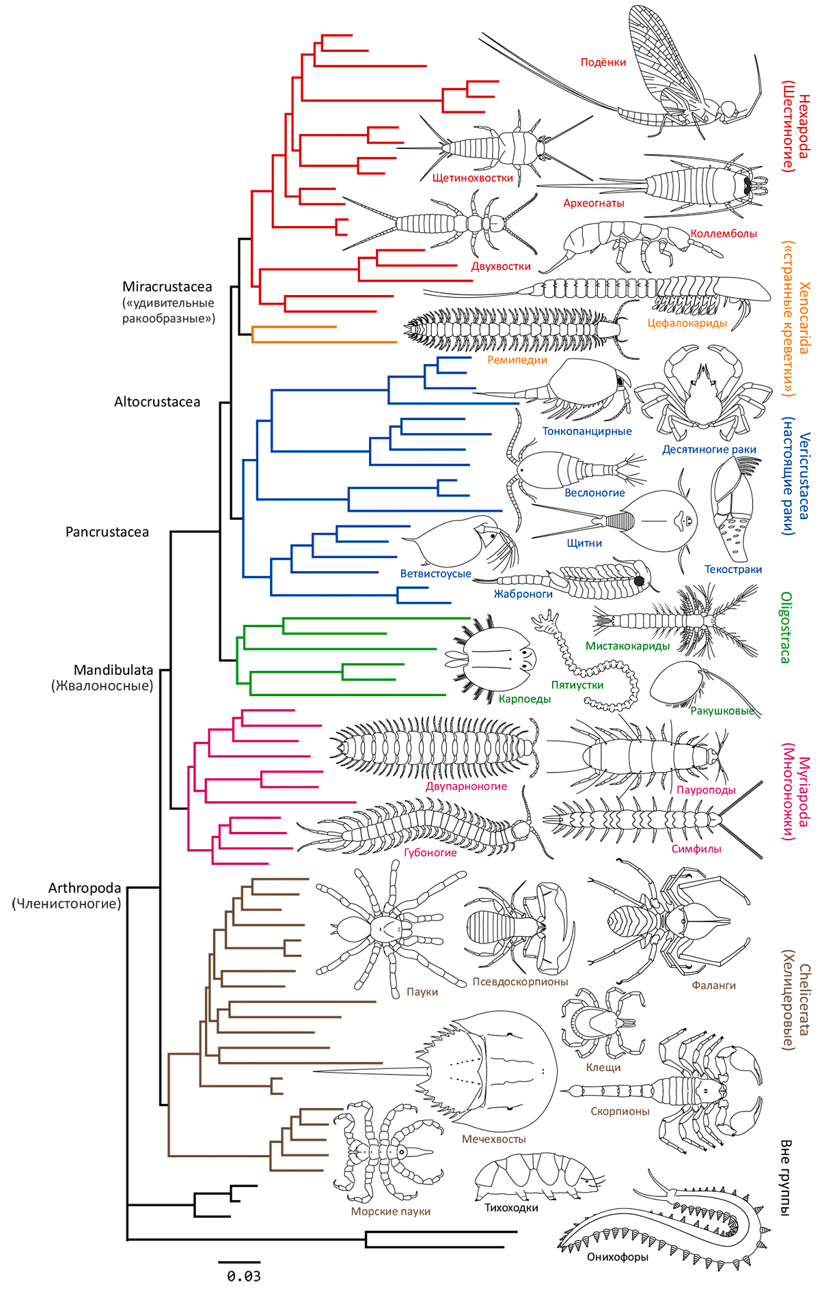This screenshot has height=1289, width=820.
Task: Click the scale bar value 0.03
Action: pos(244,1275)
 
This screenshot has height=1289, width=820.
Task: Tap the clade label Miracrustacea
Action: pos(167,287)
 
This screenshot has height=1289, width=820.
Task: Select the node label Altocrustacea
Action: pos(157,402)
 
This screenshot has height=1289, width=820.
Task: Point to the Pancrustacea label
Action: pos(107,531)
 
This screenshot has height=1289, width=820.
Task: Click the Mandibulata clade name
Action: pos(113,670)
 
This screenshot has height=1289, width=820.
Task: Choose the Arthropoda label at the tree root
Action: pos(85,888)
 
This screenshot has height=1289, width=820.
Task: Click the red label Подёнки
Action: pos(603,62)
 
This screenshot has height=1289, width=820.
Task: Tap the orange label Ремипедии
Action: pos(517,360)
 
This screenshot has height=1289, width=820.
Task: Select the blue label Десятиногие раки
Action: pos(709,449)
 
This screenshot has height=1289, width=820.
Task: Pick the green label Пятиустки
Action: pos(577,684)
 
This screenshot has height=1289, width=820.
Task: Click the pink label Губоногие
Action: pos(430,853)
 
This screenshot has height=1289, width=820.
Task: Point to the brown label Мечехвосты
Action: pos(493,1139)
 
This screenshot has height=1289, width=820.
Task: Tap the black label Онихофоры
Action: pos(617,1256)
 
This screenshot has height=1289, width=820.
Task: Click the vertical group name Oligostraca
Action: pos(786,627)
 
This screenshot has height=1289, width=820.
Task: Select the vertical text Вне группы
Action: pos(786,1177)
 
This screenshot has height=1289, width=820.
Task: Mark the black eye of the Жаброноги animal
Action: pos(640,581)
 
